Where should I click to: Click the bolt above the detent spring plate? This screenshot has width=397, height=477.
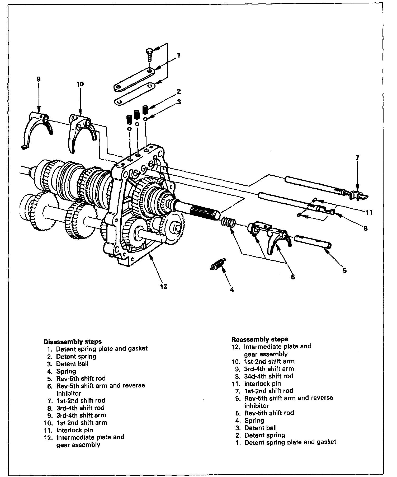149,54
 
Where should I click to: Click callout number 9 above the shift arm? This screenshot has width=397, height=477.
39,79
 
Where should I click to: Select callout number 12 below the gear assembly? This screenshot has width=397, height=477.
164,286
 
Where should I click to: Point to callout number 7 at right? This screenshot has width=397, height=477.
357,158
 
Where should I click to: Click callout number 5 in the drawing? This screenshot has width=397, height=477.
345,270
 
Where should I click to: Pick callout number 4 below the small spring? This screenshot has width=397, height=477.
232,289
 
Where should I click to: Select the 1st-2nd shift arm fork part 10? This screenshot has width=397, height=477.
82,131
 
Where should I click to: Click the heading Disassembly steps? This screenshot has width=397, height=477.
72,342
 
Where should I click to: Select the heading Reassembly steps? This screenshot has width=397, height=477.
259,339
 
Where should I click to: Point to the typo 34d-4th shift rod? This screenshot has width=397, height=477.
269,376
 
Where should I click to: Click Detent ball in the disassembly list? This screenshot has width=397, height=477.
72,364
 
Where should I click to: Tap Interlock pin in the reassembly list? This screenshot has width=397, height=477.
262,384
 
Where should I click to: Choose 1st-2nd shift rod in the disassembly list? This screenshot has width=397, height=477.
81,400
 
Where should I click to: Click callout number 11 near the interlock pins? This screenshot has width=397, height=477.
369,212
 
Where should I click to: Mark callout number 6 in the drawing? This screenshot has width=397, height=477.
293,277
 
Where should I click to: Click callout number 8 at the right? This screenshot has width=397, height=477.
366,228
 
